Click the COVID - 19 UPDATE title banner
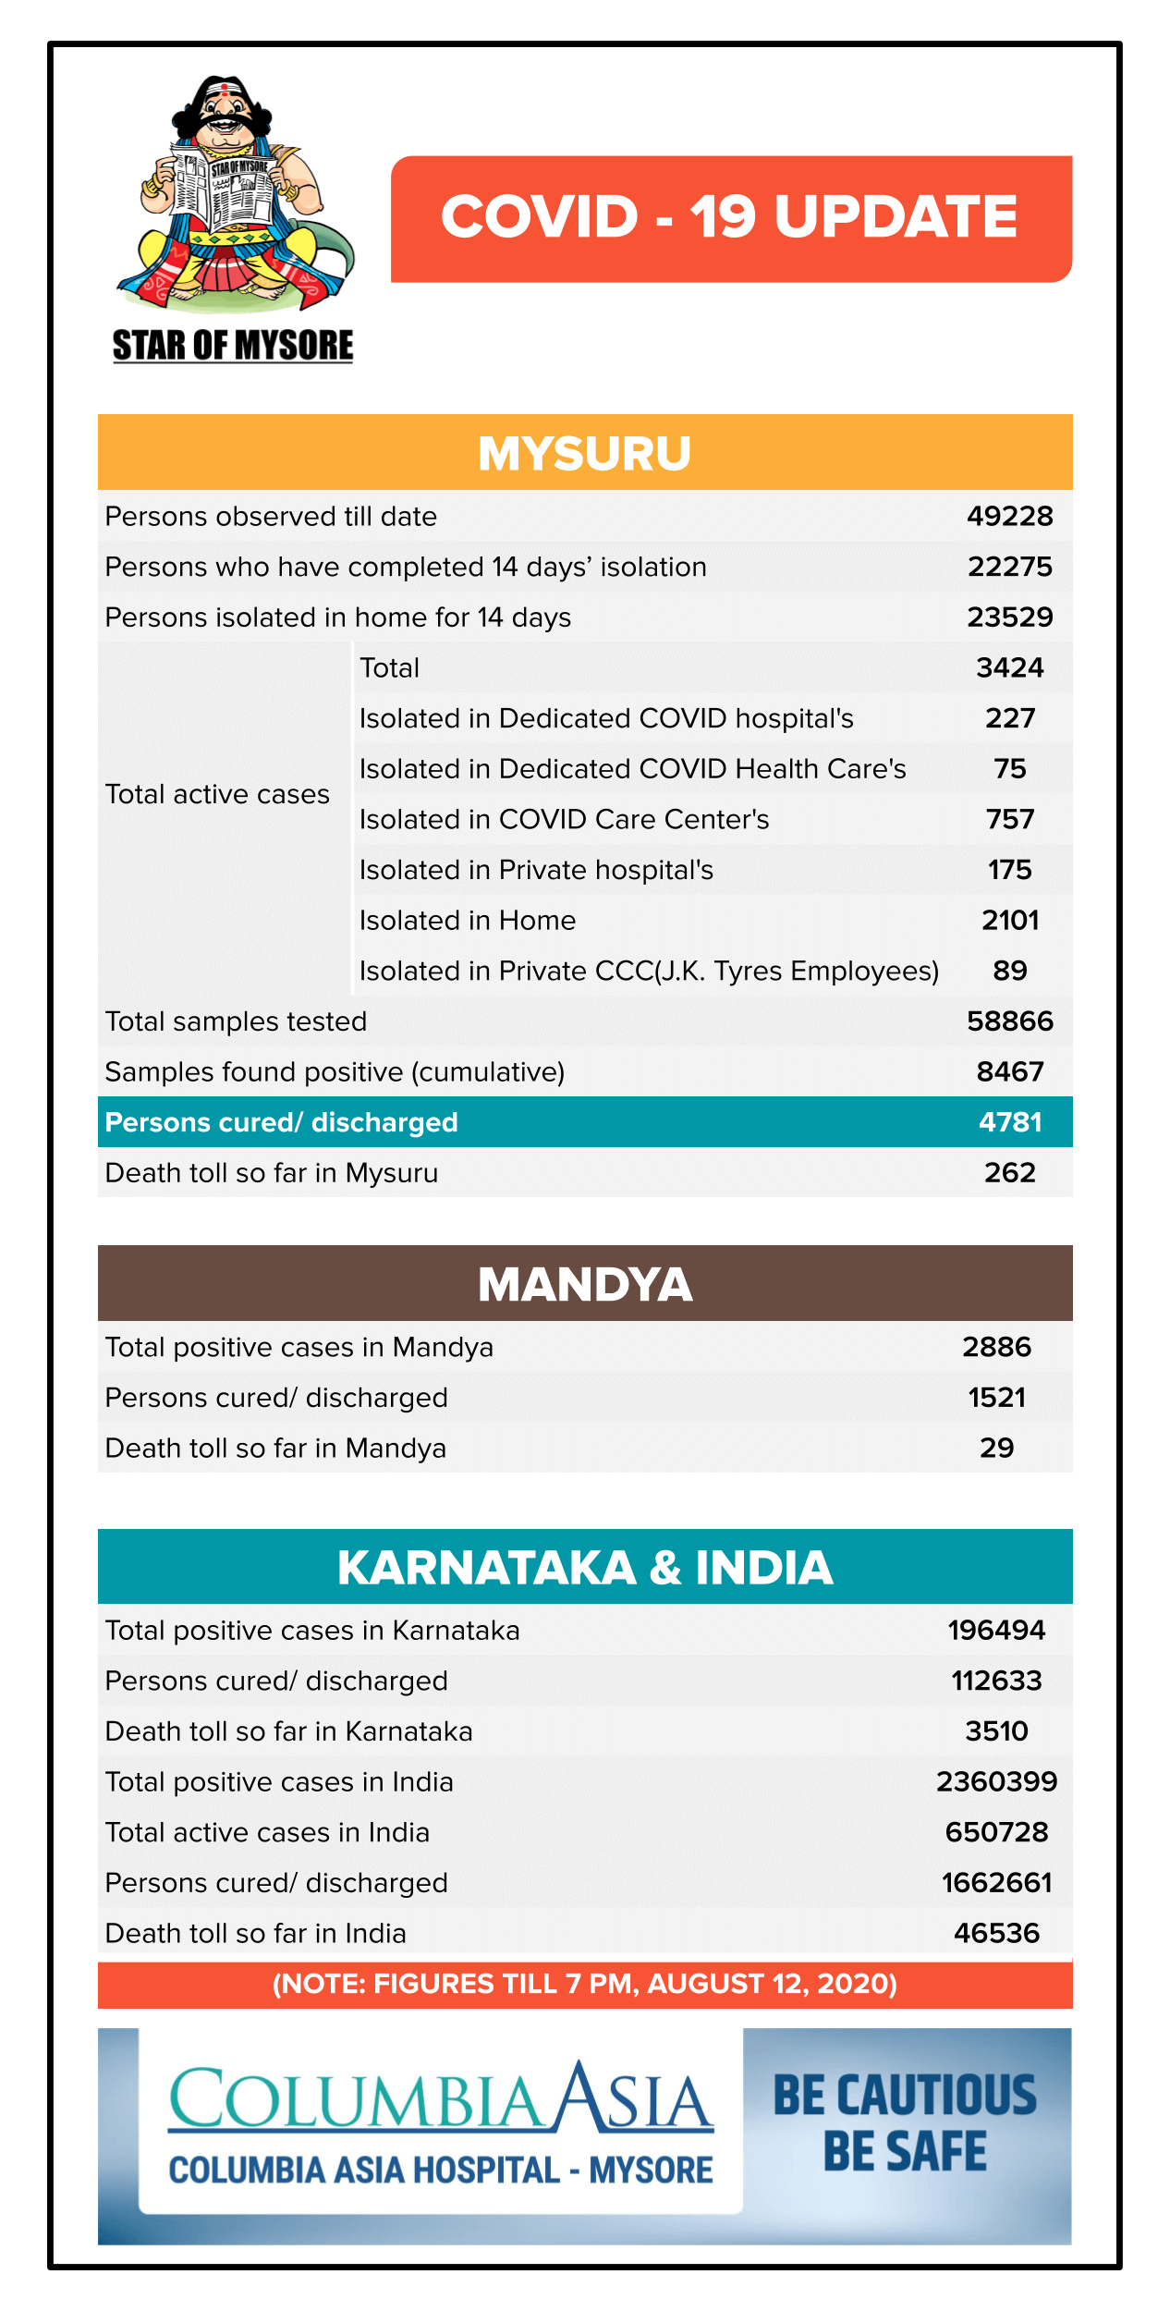click(x=730, y=218)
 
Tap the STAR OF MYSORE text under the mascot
click(x=233, y=346)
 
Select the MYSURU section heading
click(x=585, y=453)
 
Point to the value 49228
click(x=1009, y=517)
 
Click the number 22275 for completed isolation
click(x=1009, y=567)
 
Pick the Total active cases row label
click(x=217, y=794)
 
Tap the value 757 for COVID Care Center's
click(x=1009, y=819)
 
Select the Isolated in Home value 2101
click(x=1009, y=921)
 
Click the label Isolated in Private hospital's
click(x=536, y=870)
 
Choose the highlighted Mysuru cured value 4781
click(x=1009, y=1122)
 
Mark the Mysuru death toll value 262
click(x=1009, y=1173)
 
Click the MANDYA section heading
click(x=585, y=1284)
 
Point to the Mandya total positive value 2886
click(x=996, y=1347)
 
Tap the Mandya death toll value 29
click(x=996, y=1448)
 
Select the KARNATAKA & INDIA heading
click(x=585, y=1568)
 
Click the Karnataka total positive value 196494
click(x=996, y=1630)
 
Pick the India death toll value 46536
click(x=996, y=1933)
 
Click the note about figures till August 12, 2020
click(x=585, y=1984)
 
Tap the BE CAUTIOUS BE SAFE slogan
click(x=905, y=2122)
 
